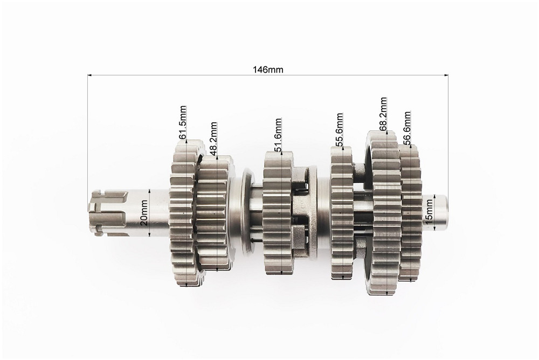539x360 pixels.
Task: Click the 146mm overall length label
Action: pyautogui.click(x=268, y=70)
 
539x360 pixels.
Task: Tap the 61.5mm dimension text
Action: pyautogui.click(x=183, y=122)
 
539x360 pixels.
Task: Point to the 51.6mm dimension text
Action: pyautogui.click(x=278, y=134)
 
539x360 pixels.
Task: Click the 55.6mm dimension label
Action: pyautogui.click(x=340, y=129)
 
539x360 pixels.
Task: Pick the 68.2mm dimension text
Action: pyautogui.click(x=383, y=114)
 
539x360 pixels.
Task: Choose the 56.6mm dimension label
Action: pyautogui.click(x=407, y=128)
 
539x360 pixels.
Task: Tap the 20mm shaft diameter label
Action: pyautogui.click(x=144, y=212)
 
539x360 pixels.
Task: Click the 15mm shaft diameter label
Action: pyautogui.click(x=429, y=212)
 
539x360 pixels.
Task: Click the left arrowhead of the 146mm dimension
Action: pyautogui.click(x=90, y=74)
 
